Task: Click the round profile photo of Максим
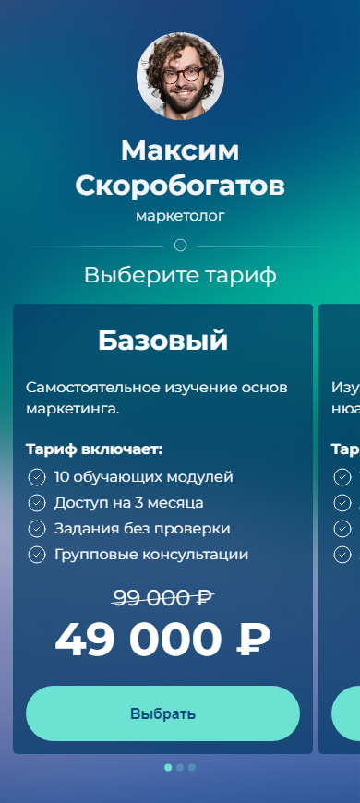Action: click(x=180, y=76)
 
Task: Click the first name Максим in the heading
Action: click(x=180, y=151)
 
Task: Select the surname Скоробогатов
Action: click(x=180, y=186)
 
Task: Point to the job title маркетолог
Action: click(x=180, y=216)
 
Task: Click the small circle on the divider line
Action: click(x=180, y=246)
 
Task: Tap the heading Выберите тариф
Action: click(x=180, y=276)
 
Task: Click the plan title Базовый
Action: click(x=162, y=341)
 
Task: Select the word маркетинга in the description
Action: click(x=72, y=410)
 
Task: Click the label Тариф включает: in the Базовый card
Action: click(x=94, y=450)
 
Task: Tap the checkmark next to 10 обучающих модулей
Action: click(x=36, y=477)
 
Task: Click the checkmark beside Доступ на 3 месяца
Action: click(x=36, y=503)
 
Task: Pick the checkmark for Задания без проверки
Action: click(x=36, y=529)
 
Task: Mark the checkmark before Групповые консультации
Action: click(x=36, y=555)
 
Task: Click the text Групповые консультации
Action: click(x=151, y=555)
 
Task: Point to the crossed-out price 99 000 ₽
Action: click(x=162, y=598)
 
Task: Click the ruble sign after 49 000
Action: click(x=253, y=641)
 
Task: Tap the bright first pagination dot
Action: click(x=168, y=768)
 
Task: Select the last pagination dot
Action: click(x=192, y=768)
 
